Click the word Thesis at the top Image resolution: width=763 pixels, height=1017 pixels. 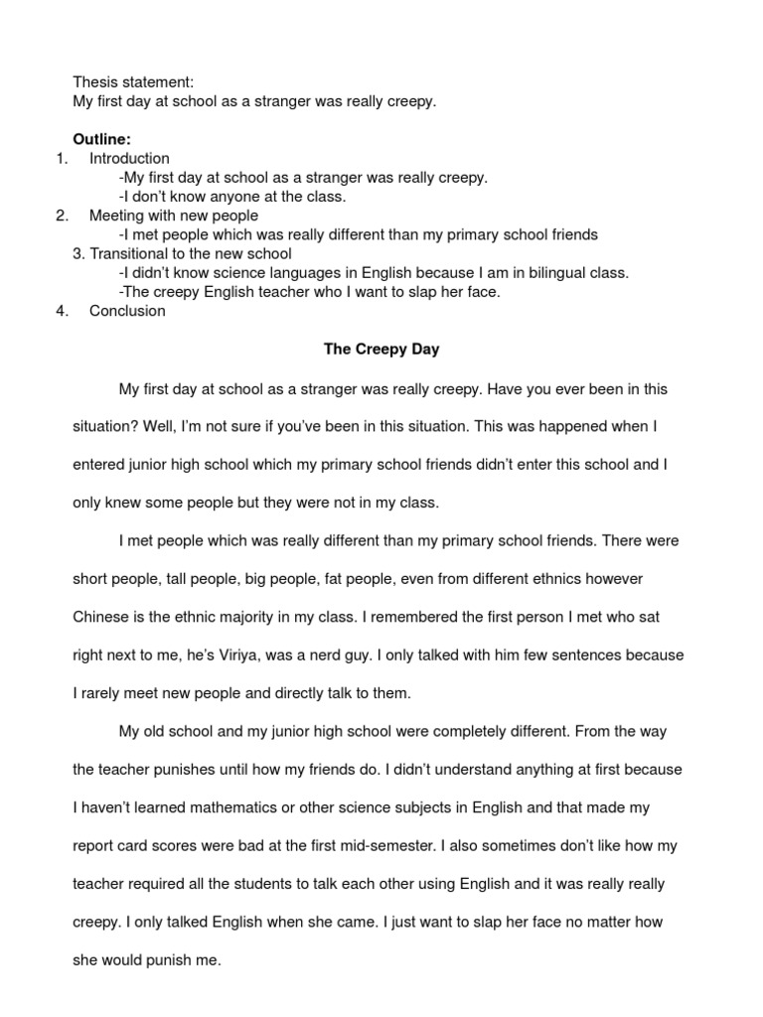95,82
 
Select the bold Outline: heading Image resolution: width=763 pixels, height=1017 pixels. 103,139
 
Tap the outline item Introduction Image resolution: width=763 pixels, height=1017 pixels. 129,158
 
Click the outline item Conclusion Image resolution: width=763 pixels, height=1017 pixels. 127,311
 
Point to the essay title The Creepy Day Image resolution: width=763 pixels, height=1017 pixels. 381,350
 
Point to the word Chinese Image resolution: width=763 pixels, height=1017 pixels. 101,618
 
